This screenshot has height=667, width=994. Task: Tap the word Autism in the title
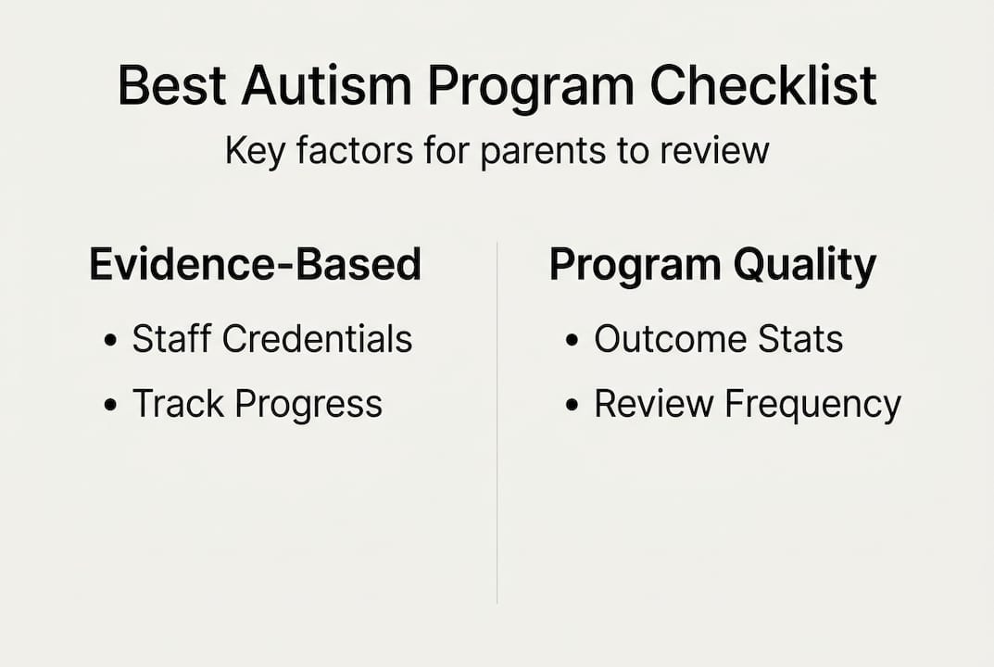click(x=326, y=86)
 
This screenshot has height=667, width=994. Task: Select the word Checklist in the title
click(x=762, y=86)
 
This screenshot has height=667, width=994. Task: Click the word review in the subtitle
click(x=715, y=151)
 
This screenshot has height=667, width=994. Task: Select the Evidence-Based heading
click(x=255, y=265)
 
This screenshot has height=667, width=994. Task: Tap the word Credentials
click(x=318, y=339)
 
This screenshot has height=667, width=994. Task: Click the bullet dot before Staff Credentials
click(x=111, y=341)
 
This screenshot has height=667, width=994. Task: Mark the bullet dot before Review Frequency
click(x=572, y=406)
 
